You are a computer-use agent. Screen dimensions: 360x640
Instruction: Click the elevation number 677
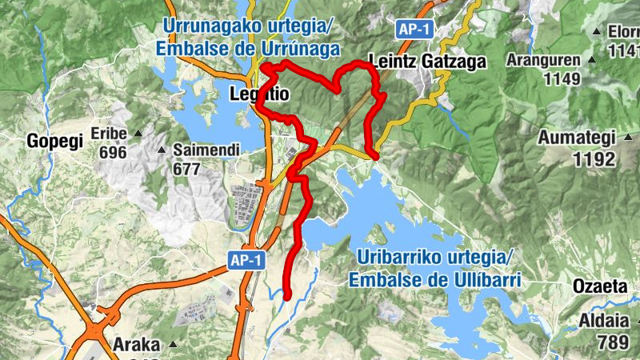(x=186, y=169)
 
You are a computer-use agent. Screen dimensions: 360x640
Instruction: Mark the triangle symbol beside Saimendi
(x=161, y=150)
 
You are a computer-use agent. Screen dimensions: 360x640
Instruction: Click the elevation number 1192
(x=594, y=159)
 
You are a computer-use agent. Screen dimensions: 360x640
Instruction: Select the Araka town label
(x=137, y=346)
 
